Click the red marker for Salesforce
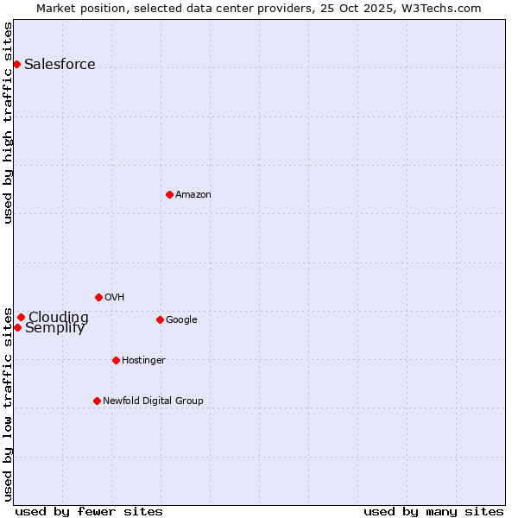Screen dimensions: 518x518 [16, 64]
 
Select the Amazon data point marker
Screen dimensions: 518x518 [169, 194]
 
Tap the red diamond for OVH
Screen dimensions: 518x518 [98, 297]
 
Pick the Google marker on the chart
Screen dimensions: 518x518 [160, 319]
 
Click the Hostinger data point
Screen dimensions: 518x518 [116, 360]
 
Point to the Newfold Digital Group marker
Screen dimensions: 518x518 [97, 401]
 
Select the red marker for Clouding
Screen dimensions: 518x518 [21, 317]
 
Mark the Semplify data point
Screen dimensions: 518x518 [17, 327]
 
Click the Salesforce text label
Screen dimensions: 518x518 [60, 65]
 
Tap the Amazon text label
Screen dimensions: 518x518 [193, 195]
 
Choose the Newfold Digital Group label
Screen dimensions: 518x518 [153, 401]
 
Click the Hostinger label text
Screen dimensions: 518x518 [143, 360]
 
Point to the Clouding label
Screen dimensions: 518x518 [58, 317]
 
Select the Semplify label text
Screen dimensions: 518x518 [55, 328]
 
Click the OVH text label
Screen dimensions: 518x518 [114, 297]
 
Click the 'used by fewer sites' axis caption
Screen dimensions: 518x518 [89, 511]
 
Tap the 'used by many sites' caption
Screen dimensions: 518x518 [433, 511]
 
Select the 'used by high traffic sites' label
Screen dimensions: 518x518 [8, 123]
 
